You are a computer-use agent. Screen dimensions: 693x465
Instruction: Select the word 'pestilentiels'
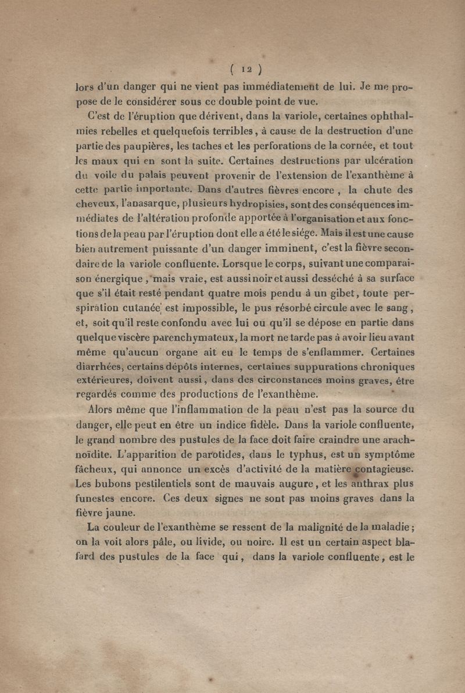point(180,483)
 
